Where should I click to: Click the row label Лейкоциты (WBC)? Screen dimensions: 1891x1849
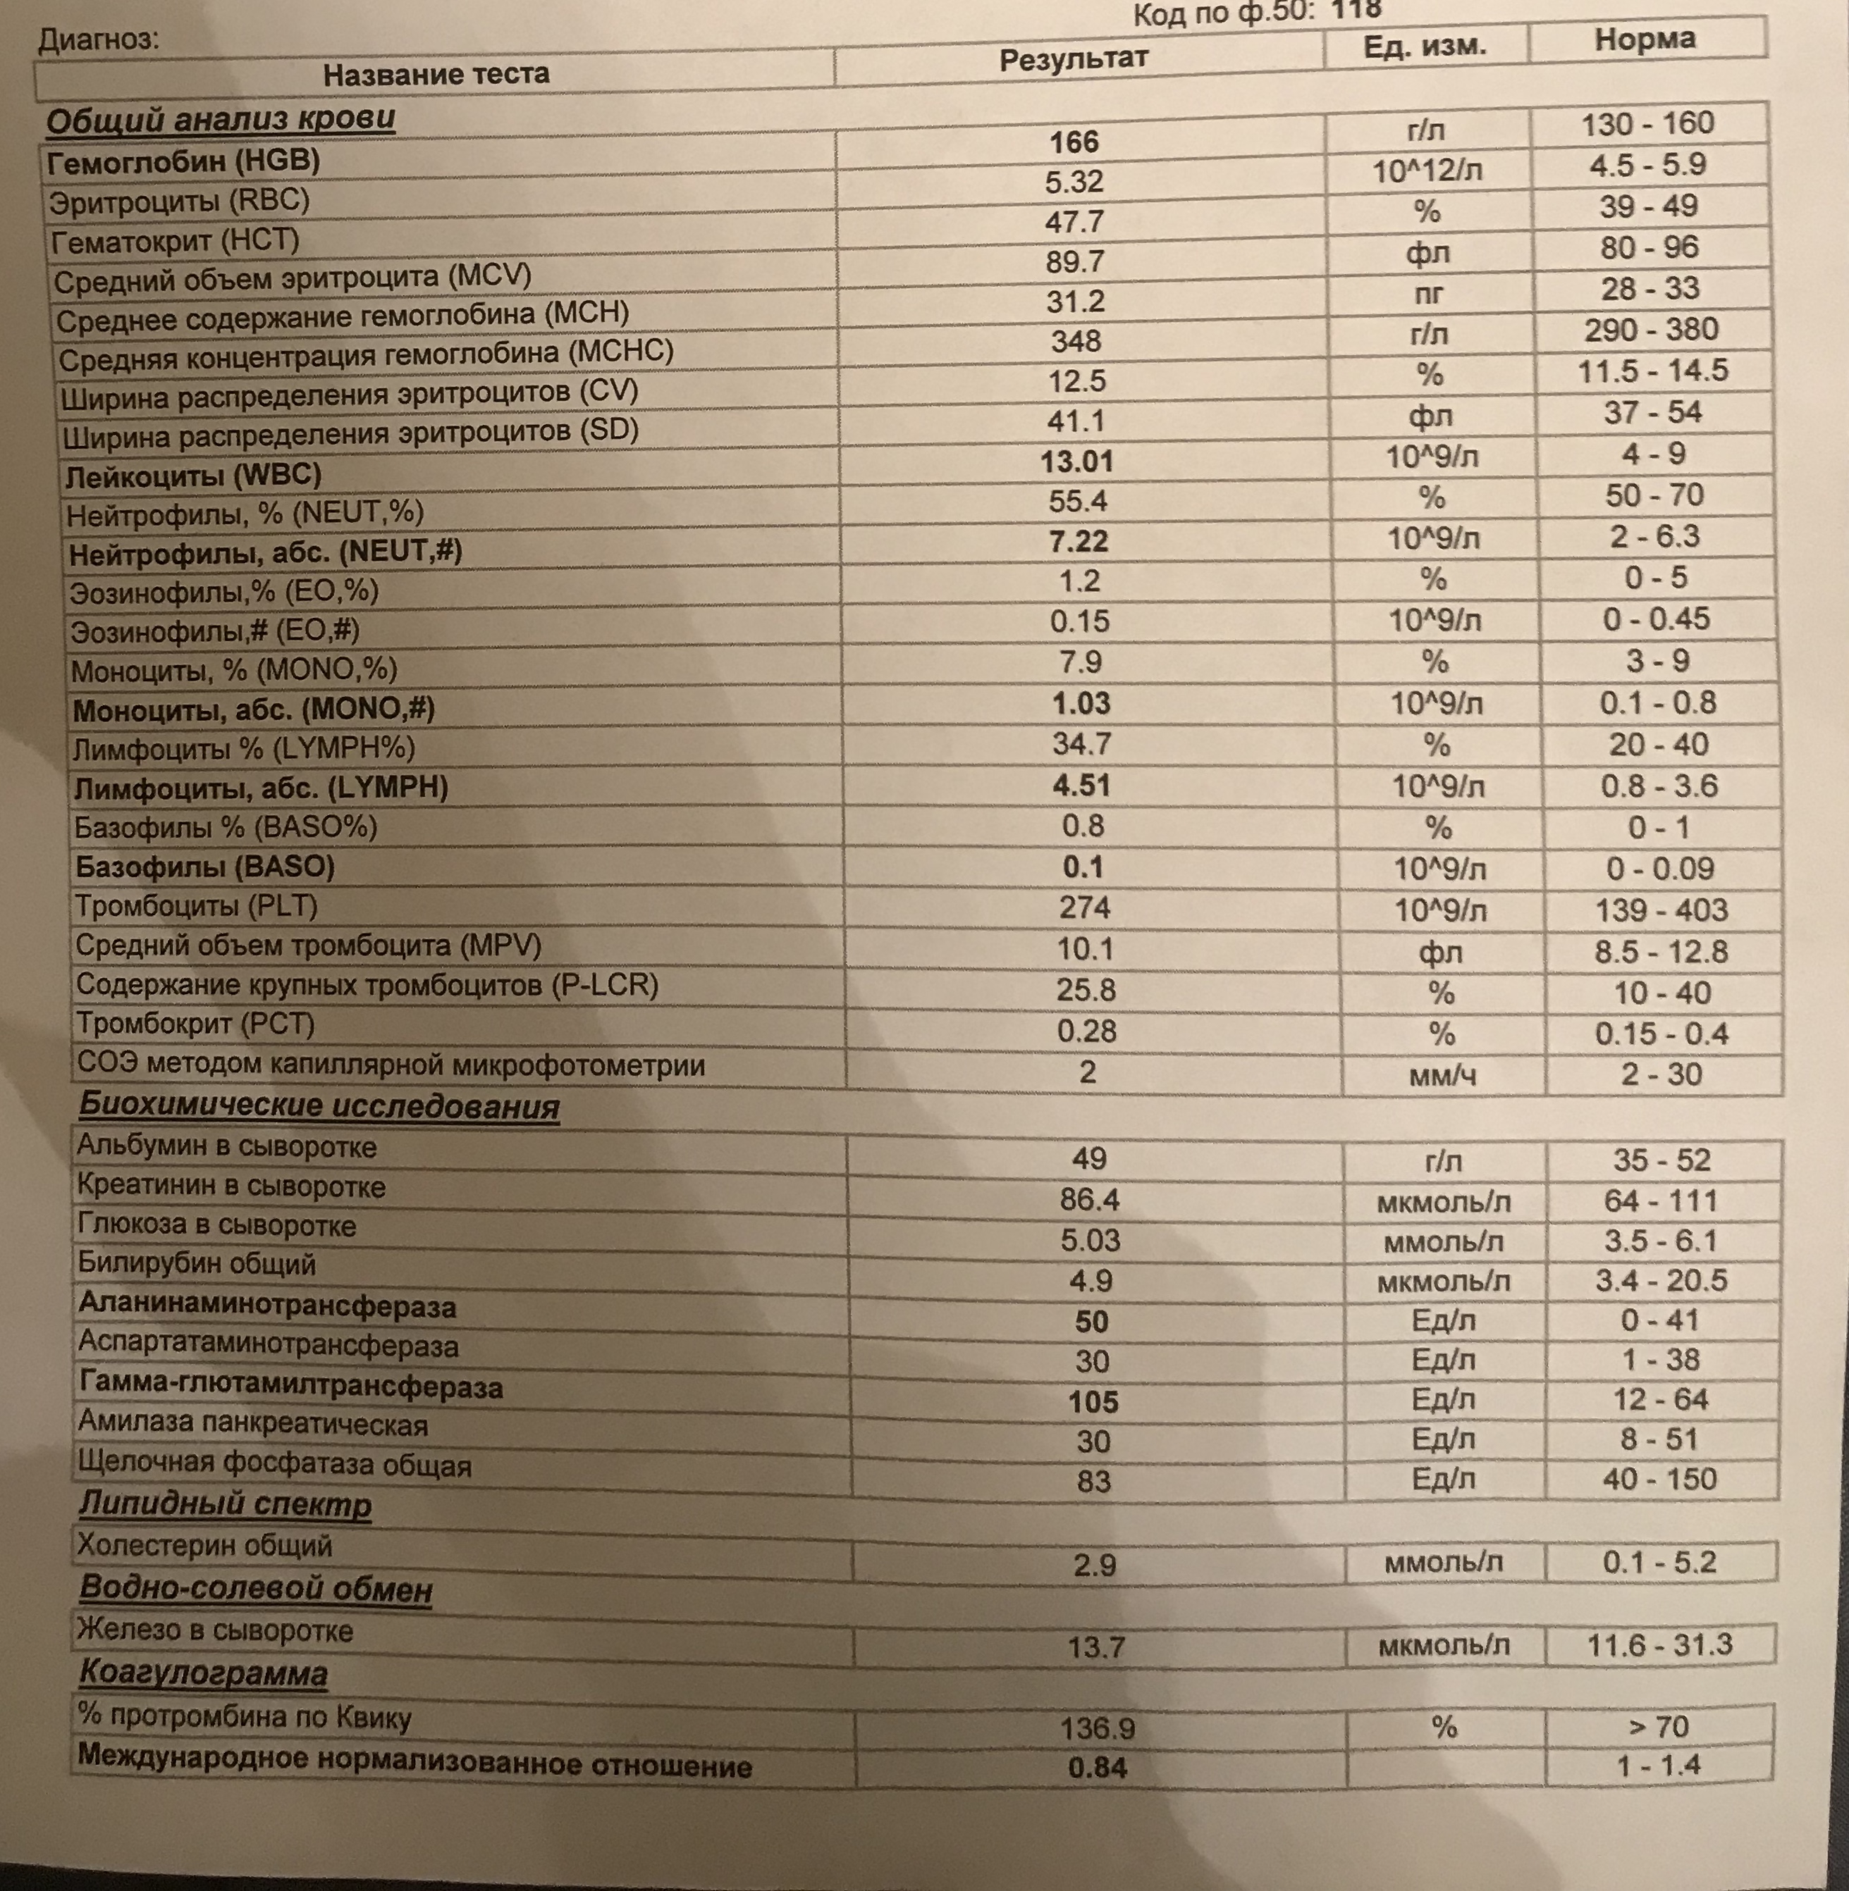coord(193,476)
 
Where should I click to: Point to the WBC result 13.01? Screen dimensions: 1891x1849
coord(1077,461)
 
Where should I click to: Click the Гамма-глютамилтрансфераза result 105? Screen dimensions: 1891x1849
coord(1093,1402)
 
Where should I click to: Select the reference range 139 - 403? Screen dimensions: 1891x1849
coord(1661,910)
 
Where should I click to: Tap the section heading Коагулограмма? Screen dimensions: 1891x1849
coord(203,1673)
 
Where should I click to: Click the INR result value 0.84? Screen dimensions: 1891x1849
coord(1098,1767)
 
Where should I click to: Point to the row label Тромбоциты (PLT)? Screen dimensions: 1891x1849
coord(197,907)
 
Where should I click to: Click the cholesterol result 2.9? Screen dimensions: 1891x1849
coord(1095,1565)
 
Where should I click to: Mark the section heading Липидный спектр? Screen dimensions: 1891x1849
coord(226,1505)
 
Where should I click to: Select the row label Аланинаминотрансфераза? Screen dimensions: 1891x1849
coord(267,1307)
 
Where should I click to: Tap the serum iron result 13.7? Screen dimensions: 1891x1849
coord(1095,1647)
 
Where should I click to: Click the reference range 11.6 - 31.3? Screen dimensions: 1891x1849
coord(1659,1644)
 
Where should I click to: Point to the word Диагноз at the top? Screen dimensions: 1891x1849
coord(98,39)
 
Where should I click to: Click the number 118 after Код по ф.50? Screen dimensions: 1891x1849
coord(1356,10)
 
